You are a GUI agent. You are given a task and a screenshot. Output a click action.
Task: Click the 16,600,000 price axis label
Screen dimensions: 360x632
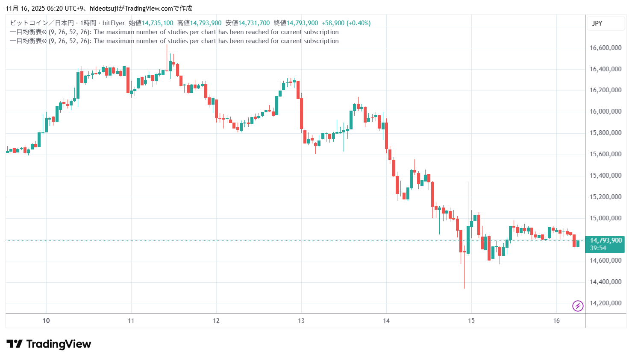click(605, 48)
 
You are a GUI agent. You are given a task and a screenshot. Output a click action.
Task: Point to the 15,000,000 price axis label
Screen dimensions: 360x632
click(605, 218)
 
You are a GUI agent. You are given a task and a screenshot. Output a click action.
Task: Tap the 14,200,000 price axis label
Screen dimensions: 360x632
click(605, 303)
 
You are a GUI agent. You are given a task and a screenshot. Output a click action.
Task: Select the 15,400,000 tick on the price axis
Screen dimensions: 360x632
click(605, 176)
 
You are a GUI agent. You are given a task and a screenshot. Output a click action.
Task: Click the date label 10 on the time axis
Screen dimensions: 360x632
click(46, 321)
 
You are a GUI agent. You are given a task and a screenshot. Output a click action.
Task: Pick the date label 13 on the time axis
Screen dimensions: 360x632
click(301, 321)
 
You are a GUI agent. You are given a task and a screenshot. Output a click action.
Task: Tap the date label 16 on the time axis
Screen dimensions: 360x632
click(556, 321)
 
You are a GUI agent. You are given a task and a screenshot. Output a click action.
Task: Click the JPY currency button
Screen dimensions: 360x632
click(597, 23)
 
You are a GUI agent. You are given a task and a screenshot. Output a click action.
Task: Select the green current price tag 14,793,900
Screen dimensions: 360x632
click(606, 240)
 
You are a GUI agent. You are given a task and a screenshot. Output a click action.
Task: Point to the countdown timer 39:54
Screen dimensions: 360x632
click(598, 248)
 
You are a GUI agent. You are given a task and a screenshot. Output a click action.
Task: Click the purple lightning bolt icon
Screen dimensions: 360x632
click(578, 306)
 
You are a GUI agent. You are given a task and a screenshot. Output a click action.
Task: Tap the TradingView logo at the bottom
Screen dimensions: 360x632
click(49, 344)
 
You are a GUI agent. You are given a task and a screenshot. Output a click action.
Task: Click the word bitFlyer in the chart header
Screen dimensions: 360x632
click(114, 23)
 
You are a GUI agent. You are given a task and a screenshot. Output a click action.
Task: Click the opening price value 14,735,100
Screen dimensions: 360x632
click(157, 23)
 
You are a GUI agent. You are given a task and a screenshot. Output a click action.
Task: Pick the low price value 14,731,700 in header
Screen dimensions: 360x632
click(254, 23)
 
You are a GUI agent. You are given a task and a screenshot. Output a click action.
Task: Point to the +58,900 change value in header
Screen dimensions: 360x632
click(333, 23)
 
